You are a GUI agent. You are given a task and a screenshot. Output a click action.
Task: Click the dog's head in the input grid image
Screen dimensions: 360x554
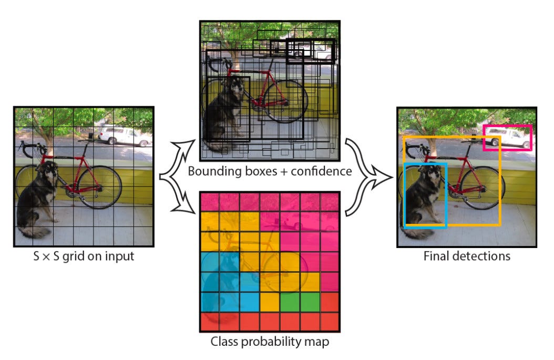(48, 171)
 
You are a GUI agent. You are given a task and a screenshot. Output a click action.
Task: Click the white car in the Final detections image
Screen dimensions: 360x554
(508, 138)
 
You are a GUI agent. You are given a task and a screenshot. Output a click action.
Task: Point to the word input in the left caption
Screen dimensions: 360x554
(119, 256)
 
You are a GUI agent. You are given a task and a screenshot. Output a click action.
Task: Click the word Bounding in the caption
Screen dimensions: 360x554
(210, 171)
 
